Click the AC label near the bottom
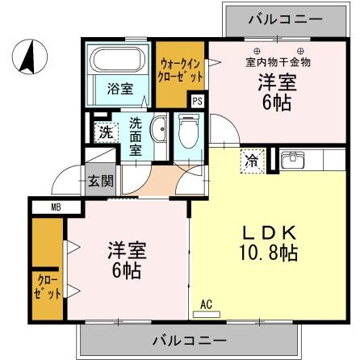pos(206,304)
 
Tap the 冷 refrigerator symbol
pos(253,161)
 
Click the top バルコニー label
pos(274,18)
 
